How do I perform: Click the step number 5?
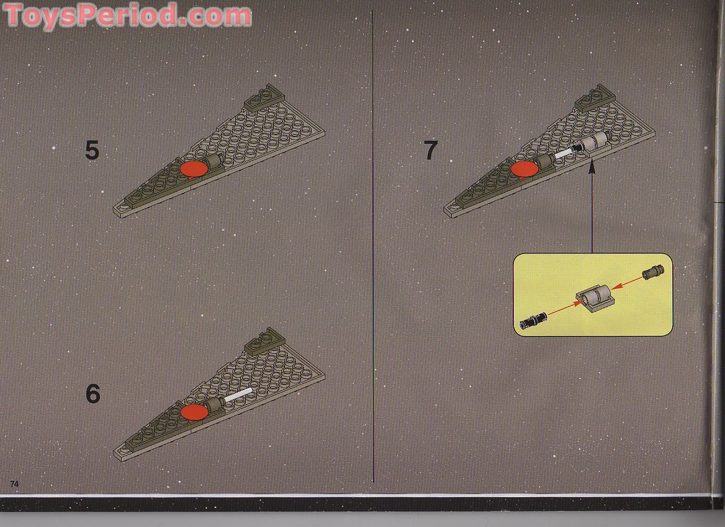click(x=92, y=151)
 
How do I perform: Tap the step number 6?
click(x=92, y=394)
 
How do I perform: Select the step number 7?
click(x=430, y=151)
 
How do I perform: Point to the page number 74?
click(x=14, y=483)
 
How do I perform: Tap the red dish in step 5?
click(x=195, y=169)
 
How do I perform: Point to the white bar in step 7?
click(x=565, y=152)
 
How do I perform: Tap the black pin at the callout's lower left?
click(x=533, y=321)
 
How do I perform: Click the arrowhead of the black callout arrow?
click(x=592, y=164)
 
